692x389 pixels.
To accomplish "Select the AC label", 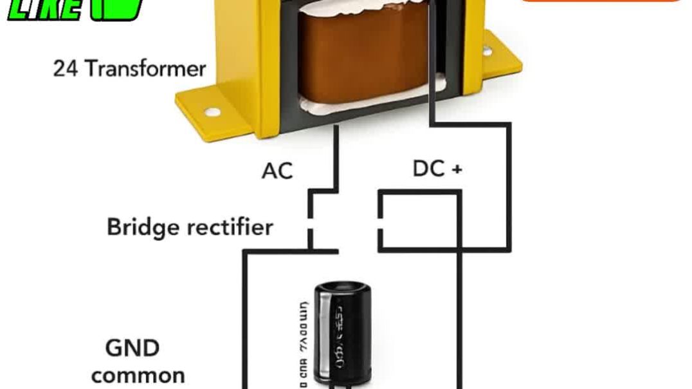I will (277, 171).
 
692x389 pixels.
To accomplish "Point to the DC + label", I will (437, 169).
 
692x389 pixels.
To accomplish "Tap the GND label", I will (132, 348).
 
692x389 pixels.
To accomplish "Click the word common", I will (138, 375).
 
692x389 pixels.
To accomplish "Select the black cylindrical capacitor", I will (341, 335).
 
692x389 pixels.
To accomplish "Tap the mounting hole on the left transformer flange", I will (212, 112).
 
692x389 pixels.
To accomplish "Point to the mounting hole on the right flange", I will (487, 50).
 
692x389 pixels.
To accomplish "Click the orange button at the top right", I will (599, 3).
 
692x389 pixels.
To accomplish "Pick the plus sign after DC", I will (457, 169).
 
